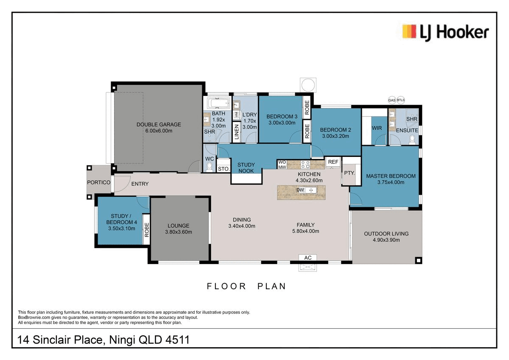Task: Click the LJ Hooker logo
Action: pos(445,33)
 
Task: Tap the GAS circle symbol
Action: pos(392,100)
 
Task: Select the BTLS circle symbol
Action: pos(401,100)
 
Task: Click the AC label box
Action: pos(308,258)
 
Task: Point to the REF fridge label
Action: pos(333,162)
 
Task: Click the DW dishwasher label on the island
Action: pos(300,190)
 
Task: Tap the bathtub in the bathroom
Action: pos(218,103)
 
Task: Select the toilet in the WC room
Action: pos(209,167)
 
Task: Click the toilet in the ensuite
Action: pos(412,140)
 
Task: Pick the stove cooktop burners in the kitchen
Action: pos(305,165)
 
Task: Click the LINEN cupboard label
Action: pos(237,132)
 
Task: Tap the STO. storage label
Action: pos(224,169)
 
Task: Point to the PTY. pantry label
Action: pos(349,173)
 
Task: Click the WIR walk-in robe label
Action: pos(377,128)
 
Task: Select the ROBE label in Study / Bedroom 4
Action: pos(147,230)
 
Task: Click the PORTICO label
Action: pos(98,182)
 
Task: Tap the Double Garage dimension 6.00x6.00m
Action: pos(159,131)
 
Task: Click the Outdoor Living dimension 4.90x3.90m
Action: pos(386,240)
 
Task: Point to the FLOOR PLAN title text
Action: pos(246,286)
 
